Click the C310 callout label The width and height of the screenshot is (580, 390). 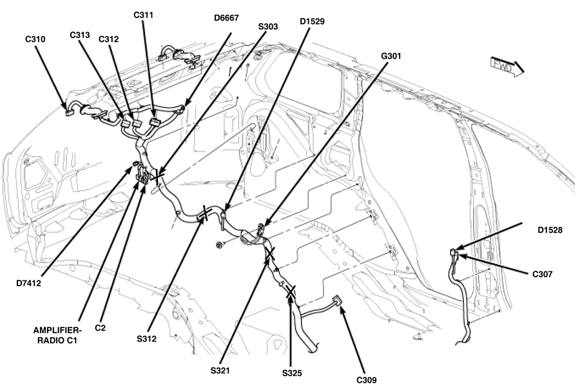[35, 39]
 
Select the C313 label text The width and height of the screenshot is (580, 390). [80, 35]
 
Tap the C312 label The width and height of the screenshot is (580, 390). [109, 39]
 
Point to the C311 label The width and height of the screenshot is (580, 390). [143, 14]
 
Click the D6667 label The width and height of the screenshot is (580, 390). [229, 18]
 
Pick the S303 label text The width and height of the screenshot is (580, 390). [268, 26]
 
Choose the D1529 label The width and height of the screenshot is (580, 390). [312, 21]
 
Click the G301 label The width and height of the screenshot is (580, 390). [391, 56]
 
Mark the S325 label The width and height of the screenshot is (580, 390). [292, 373]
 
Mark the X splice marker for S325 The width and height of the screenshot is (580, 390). [291, 293]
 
